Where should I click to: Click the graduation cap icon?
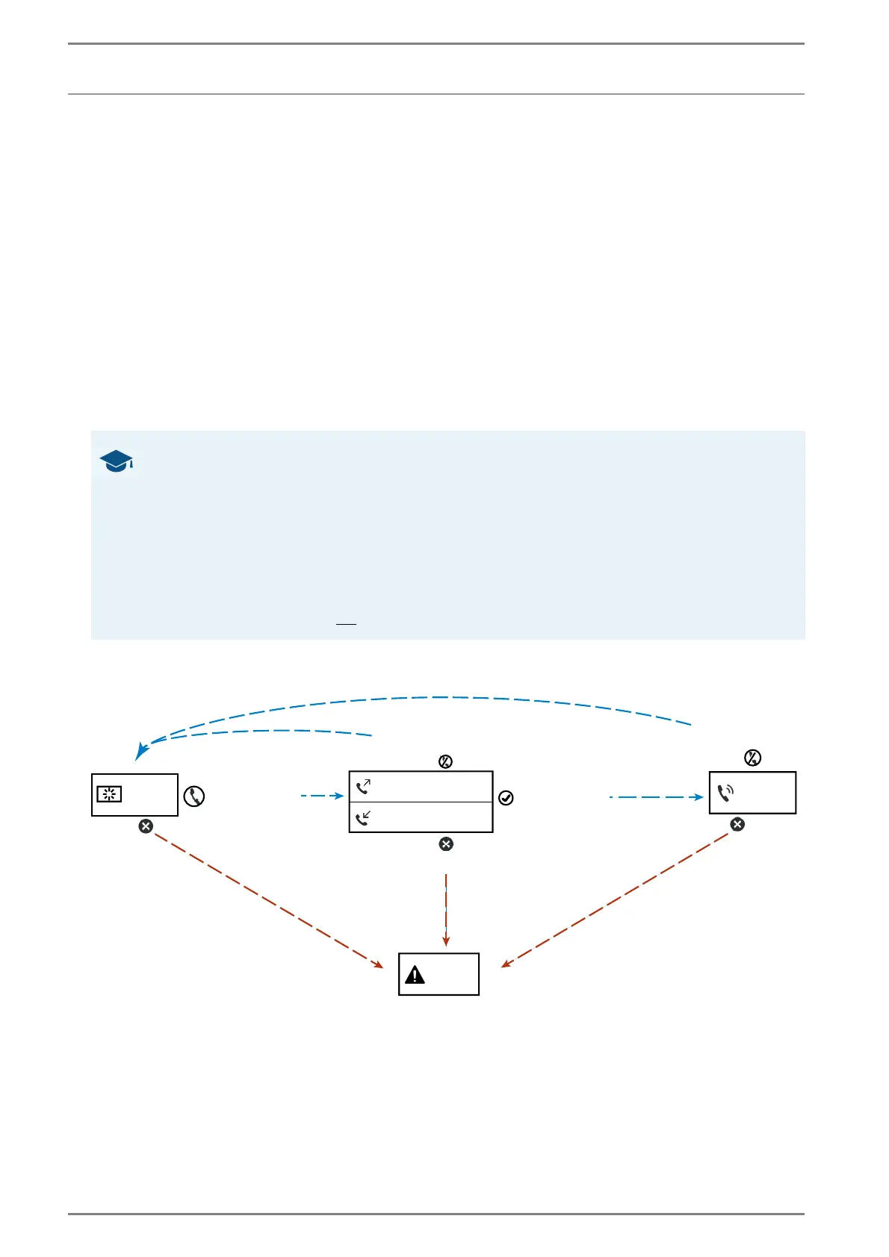(x=117, y=461)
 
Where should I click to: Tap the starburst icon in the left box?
(x=109, y=793)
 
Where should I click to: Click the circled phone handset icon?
(x=194, y=796)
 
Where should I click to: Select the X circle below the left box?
(x=146, y=826)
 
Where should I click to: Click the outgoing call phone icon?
(x=364, y=786)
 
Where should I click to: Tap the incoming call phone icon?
(x=364, y=819)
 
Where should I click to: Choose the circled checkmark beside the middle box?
(x=506, y=798)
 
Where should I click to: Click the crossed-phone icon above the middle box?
(x=445, y=761)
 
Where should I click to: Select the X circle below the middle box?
(x=446, y=844)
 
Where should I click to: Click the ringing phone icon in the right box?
(x=725, y=793)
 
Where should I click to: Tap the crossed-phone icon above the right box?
(x=752, y=758)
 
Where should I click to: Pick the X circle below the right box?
(x=737, y=824)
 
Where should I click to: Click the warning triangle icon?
(x=415, y=974)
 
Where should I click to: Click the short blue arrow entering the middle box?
(x=323, y=796)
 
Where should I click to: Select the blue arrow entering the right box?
(x=657, y=797)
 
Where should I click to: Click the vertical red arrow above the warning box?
(x=446, y=911)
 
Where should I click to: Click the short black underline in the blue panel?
(x=346, y=623)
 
